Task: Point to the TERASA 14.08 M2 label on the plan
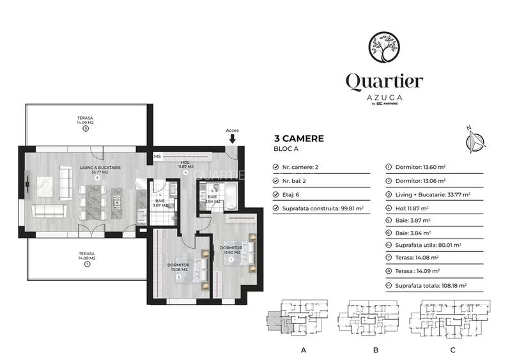click(86, 256)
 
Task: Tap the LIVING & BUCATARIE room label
click(97, 169)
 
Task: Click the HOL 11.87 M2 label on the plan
click(185, 165)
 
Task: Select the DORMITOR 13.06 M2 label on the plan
click(178, 267)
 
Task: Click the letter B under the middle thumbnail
click(376, 350)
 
